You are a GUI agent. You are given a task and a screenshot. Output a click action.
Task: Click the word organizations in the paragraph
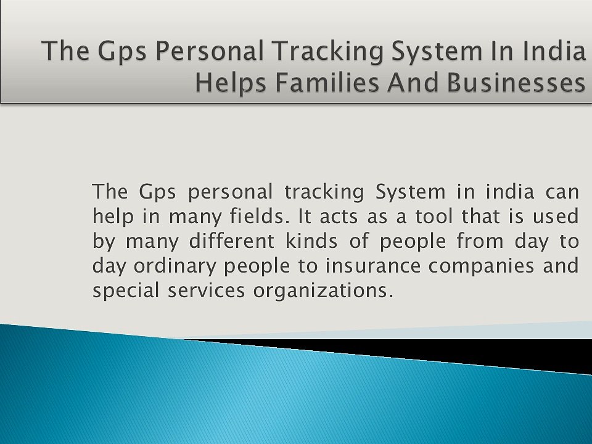(323, 291)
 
